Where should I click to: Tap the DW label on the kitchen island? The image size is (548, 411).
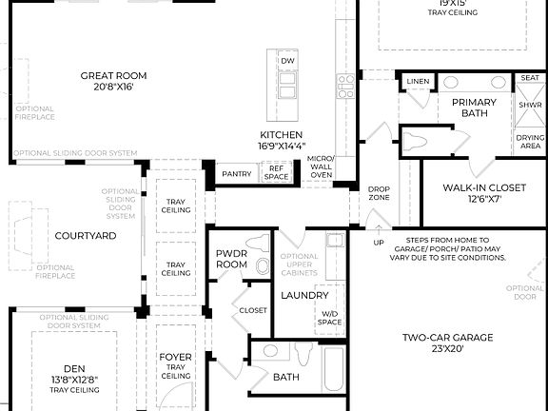tap(287, 62)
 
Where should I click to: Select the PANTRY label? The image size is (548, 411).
tap(236, 174)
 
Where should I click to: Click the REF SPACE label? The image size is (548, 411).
tap(277, 173)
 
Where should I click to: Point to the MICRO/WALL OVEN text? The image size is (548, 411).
tap(321, 166)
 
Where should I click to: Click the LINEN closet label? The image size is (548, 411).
tap(418, 82)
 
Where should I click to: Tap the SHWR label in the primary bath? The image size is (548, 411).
tap(530, 105)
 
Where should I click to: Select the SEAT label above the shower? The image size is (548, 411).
tap(530, 79)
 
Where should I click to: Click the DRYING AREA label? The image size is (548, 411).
tap(530, 142)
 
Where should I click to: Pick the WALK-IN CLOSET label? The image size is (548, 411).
tap(484, 193)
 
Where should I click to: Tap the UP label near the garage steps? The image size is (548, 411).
tap(379, 243)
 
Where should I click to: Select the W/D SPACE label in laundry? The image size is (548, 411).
tap(329, 317)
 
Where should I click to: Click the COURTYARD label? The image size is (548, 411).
tap(86, 235)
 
